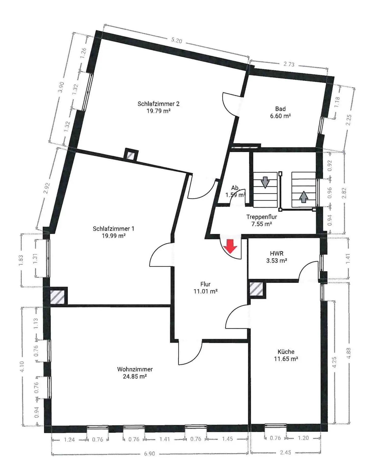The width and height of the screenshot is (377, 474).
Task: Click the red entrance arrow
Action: pos(230,246)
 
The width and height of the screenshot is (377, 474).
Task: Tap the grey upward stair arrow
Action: pos(303,197)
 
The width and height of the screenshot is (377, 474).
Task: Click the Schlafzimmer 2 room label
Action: pos(158,104)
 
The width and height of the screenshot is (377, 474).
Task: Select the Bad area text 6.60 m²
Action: pos(280,116)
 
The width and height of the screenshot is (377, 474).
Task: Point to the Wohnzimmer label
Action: pos(135,369)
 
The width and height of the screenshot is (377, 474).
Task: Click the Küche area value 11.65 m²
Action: pos(286,359)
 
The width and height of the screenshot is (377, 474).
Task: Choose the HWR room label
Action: pos(277,253)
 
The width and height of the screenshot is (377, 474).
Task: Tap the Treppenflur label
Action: pos(262,217)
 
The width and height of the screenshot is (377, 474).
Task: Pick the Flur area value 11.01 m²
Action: pos(206,291)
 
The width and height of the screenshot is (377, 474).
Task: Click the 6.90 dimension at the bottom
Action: pos(150,454)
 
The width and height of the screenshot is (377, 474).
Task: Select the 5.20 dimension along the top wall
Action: pos(177,40)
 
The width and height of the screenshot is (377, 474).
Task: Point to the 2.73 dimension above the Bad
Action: pos(289,64)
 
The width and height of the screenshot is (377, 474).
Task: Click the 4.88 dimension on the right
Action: pos(349,353)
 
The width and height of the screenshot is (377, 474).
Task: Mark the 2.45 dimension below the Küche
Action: pos(285,452)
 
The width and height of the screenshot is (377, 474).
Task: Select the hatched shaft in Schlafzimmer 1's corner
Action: pos(57,297)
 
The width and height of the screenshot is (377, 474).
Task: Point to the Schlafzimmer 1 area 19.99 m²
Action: pos(114,236)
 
